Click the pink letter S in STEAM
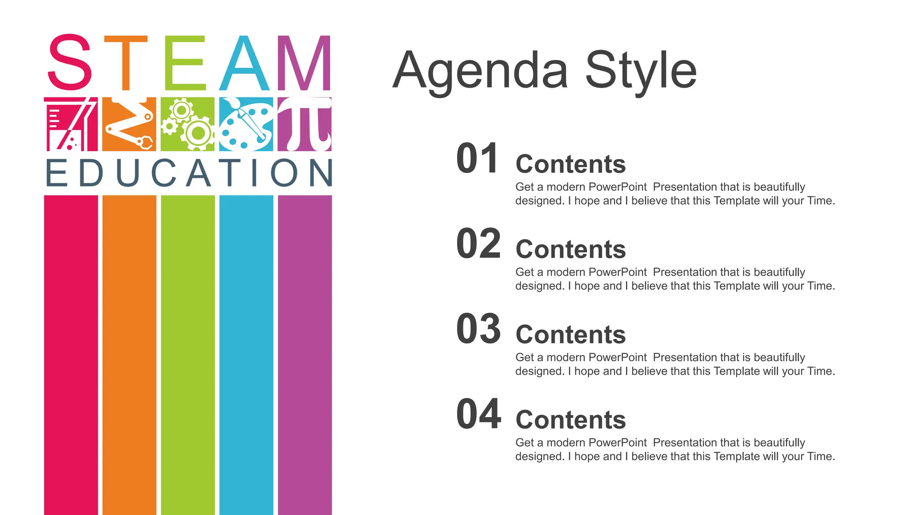pyautogui.click(x=70, y=63)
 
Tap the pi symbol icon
pyautogui.click(x=305, y=124)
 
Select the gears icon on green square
pyautogui.click(x=188, y=124)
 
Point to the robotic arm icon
pyautogui.click(x=129, y=124)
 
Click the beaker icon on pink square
pyautogui.click(x=71, y=124)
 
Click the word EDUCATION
pyautogui.click(x=189, y=173)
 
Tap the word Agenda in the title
pyautogui.click(x=480, y=71)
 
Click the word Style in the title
pyautogui.click(x=641, y=71)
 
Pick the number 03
pyautogui.click(x=478, y=329)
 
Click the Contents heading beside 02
pyautogui.click(x=571, y=249)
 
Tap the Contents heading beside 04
pyautogui.click(x=571, y=420)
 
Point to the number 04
pyautogui.click(x=478, y=414)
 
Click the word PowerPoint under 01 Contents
pyautogui.click(x=617, y=187)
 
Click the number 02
pyautogui.click(x=478, y=244)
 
